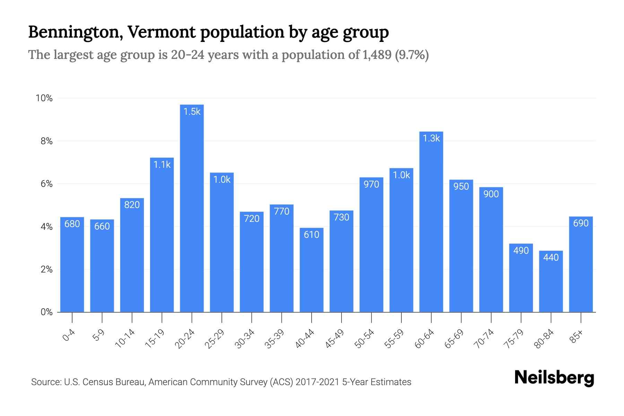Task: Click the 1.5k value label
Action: [192, 112]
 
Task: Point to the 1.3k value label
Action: [431, 138]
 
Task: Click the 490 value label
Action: [521, 250]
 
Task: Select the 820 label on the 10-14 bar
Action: [132, 205]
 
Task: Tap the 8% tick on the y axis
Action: [46, 141]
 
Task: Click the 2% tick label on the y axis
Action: [46, 269]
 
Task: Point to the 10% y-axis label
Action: [44, 98]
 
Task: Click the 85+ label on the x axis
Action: [577, 337]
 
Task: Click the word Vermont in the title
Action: [162, 32]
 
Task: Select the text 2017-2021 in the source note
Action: [317, 382]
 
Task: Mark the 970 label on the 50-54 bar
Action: [371, 184]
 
